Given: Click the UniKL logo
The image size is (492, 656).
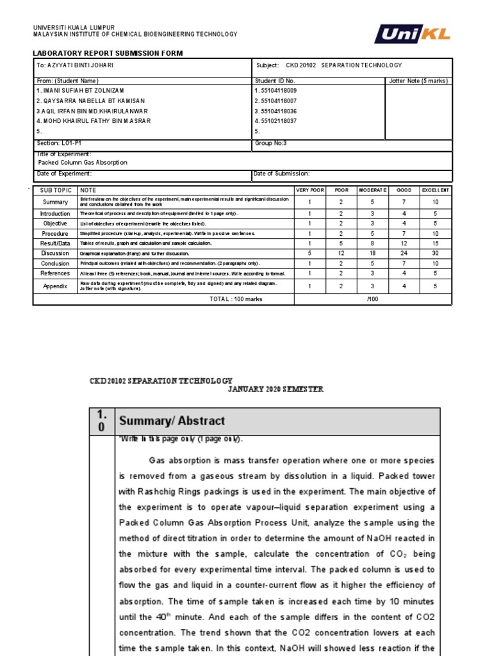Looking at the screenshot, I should [413, 34].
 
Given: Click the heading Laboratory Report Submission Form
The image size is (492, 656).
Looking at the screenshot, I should [108, 53].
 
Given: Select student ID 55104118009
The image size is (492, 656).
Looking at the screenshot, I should [276, 91].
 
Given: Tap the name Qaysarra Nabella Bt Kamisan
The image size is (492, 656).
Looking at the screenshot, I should [90, 101].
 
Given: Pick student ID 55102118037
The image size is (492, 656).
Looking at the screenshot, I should [276, 121].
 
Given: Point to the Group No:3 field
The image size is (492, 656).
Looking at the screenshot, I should [272, 144].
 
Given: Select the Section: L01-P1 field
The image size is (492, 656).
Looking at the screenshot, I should [59, 144].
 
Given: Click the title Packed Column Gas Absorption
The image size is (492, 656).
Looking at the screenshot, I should [83, 163].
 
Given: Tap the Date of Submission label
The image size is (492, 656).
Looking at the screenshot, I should [283, 174].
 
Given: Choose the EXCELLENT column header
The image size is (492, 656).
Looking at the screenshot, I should [436, 191].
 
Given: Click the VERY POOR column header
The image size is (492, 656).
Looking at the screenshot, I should [310, 191].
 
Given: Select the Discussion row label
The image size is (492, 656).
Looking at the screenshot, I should [55, 254].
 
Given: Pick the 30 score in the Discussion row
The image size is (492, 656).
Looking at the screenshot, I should [436, 254].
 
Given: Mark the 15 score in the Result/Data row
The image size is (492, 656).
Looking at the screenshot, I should [436, 243].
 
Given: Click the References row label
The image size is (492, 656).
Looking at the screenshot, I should [55, 274].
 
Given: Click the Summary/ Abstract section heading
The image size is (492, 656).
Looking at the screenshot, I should [172, 421].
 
